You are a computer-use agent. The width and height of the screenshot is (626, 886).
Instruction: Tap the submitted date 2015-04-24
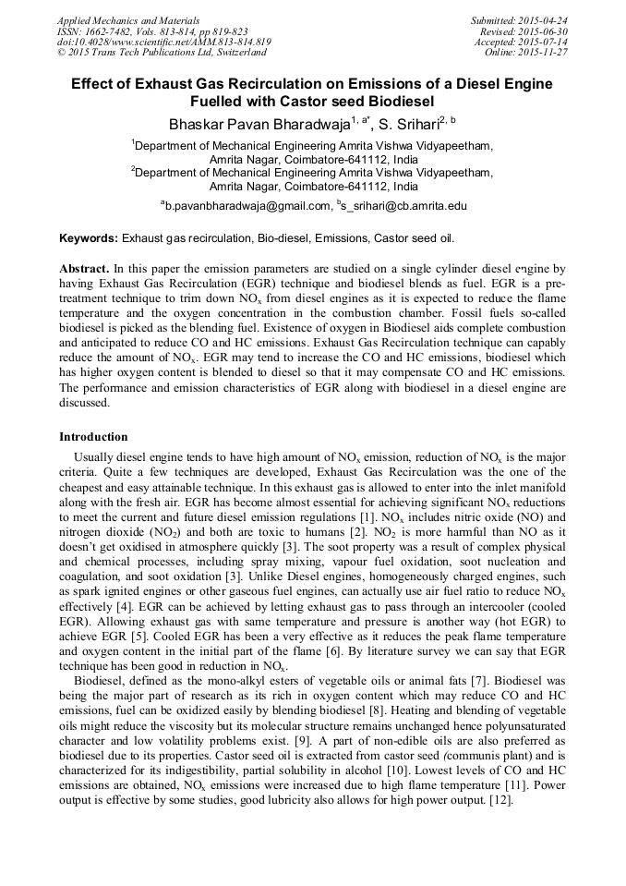pyautogui.click(x=543, y=19)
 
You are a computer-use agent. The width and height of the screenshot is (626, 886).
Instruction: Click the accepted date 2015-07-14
pyautogui.click(x=543, y=42)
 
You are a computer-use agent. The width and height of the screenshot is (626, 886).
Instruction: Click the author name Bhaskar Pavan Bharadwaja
pyautogui.click(x=248, y=123)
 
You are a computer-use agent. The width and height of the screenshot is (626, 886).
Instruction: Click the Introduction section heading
pyautogui.click(x=94, y=435)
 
